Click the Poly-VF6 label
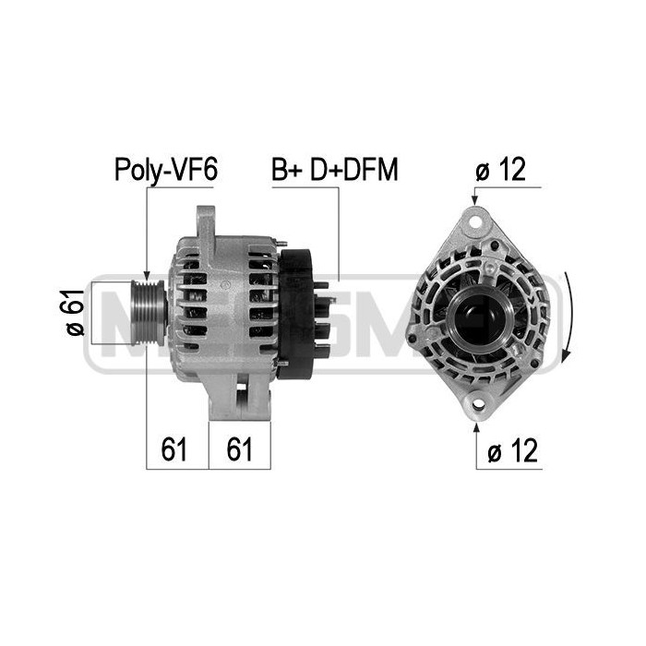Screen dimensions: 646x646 tap(165, 170)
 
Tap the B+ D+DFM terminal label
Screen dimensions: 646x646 tap(334, 169)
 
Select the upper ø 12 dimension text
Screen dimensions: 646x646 tap(500, 169)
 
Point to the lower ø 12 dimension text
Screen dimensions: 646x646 tap(512, 450)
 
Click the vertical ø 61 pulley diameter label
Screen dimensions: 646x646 tap(75, 312)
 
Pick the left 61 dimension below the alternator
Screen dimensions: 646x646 tap(173, 449)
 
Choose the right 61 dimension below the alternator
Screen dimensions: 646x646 tap(239, 449)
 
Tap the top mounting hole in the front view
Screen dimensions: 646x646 tap(476, 222)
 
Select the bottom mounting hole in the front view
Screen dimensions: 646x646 tap(478, 404)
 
